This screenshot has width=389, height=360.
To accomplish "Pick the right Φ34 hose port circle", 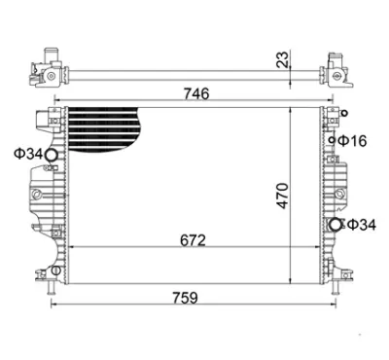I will [x=336, y=226].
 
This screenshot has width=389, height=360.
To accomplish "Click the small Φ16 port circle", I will [x=334, y=142].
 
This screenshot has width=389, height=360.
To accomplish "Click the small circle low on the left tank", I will [x=55, y=270].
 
